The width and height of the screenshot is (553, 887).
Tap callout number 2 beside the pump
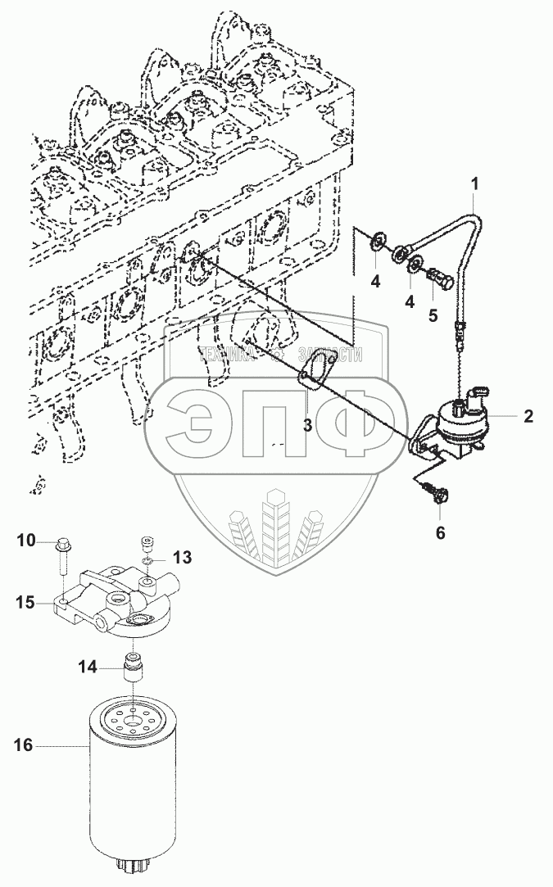tap(528, 416)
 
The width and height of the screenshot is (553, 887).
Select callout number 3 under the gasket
tap(308, 425)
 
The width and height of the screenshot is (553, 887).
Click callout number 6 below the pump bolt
tap(440, 532)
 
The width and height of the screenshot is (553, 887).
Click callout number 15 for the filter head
tap(25, 603)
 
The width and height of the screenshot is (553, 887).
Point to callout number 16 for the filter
tap(24, 745)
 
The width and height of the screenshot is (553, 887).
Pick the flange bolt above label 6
tap(432, 493)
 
